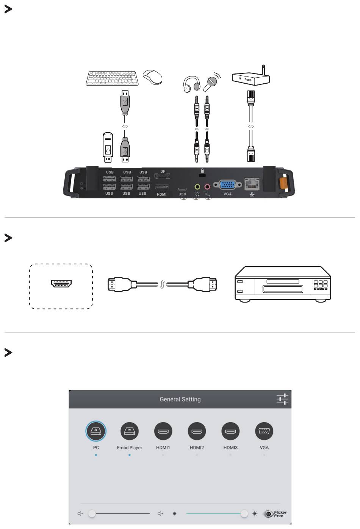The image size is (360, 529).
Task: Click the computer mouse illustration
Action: (152, 77)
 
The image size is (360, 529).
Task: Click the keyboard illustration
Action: (111, 78)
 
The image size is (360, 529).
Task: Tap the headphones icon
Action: (191, 84)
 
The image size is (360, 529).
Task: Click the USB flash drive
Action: (108, 148)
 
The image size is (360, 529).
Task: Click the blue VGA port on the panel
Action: (227, 185)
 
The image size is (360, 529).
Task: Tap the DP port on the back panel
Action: (162, 176)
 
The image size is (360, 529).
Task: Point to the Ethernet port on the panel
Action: (252, 184)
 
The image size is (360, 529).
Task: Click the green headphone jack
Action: (197, 186)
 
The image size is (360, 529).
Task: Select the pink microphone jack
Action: (207, 186)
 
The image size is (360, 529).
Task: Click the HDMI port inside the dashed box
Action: (61, 283)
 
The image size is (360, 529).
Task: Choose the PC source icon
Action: (96, 431)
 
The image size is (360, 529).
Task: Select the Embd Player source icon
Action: (130, 431)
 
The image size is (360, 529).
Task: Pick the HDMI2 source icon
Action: (197, 431)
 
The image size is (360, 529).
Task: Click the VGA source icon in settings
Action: (264, 431)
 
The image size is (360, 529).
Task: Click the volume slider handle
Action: (92, 513)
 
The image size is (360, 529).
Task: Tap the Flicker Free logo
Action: (275, 514)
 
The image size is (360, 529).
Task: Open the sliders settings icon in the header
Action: (282, 399)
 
